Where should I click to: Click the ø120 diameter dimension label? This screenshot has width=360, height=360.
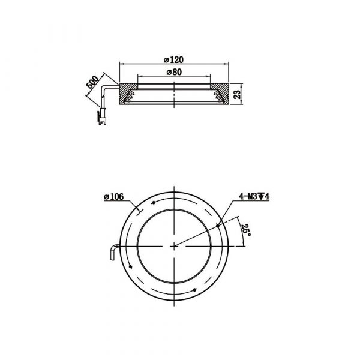(173, 60)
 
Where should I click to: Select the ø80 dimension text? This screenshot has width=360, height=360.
(174, 72)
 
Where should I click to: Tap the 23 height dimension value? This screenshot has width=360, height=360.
(238, 94)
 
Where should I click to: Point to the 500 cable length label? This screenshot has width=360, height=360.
(92, 82)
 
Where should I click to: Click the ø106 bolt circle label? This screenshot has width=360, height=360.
(113, 197)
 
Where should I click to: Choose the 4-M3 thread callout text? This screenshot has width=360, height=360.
(254, 197)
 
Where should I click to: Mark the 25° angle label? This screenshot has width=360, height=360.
(245, 231)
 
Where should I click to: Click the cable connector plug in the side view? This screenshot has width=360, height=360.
(103, 116)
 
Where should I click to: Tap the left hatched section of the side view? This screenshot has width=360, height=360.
(128, 94)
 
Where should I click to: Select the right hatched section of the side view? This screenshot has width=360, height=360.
(220, 94)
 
